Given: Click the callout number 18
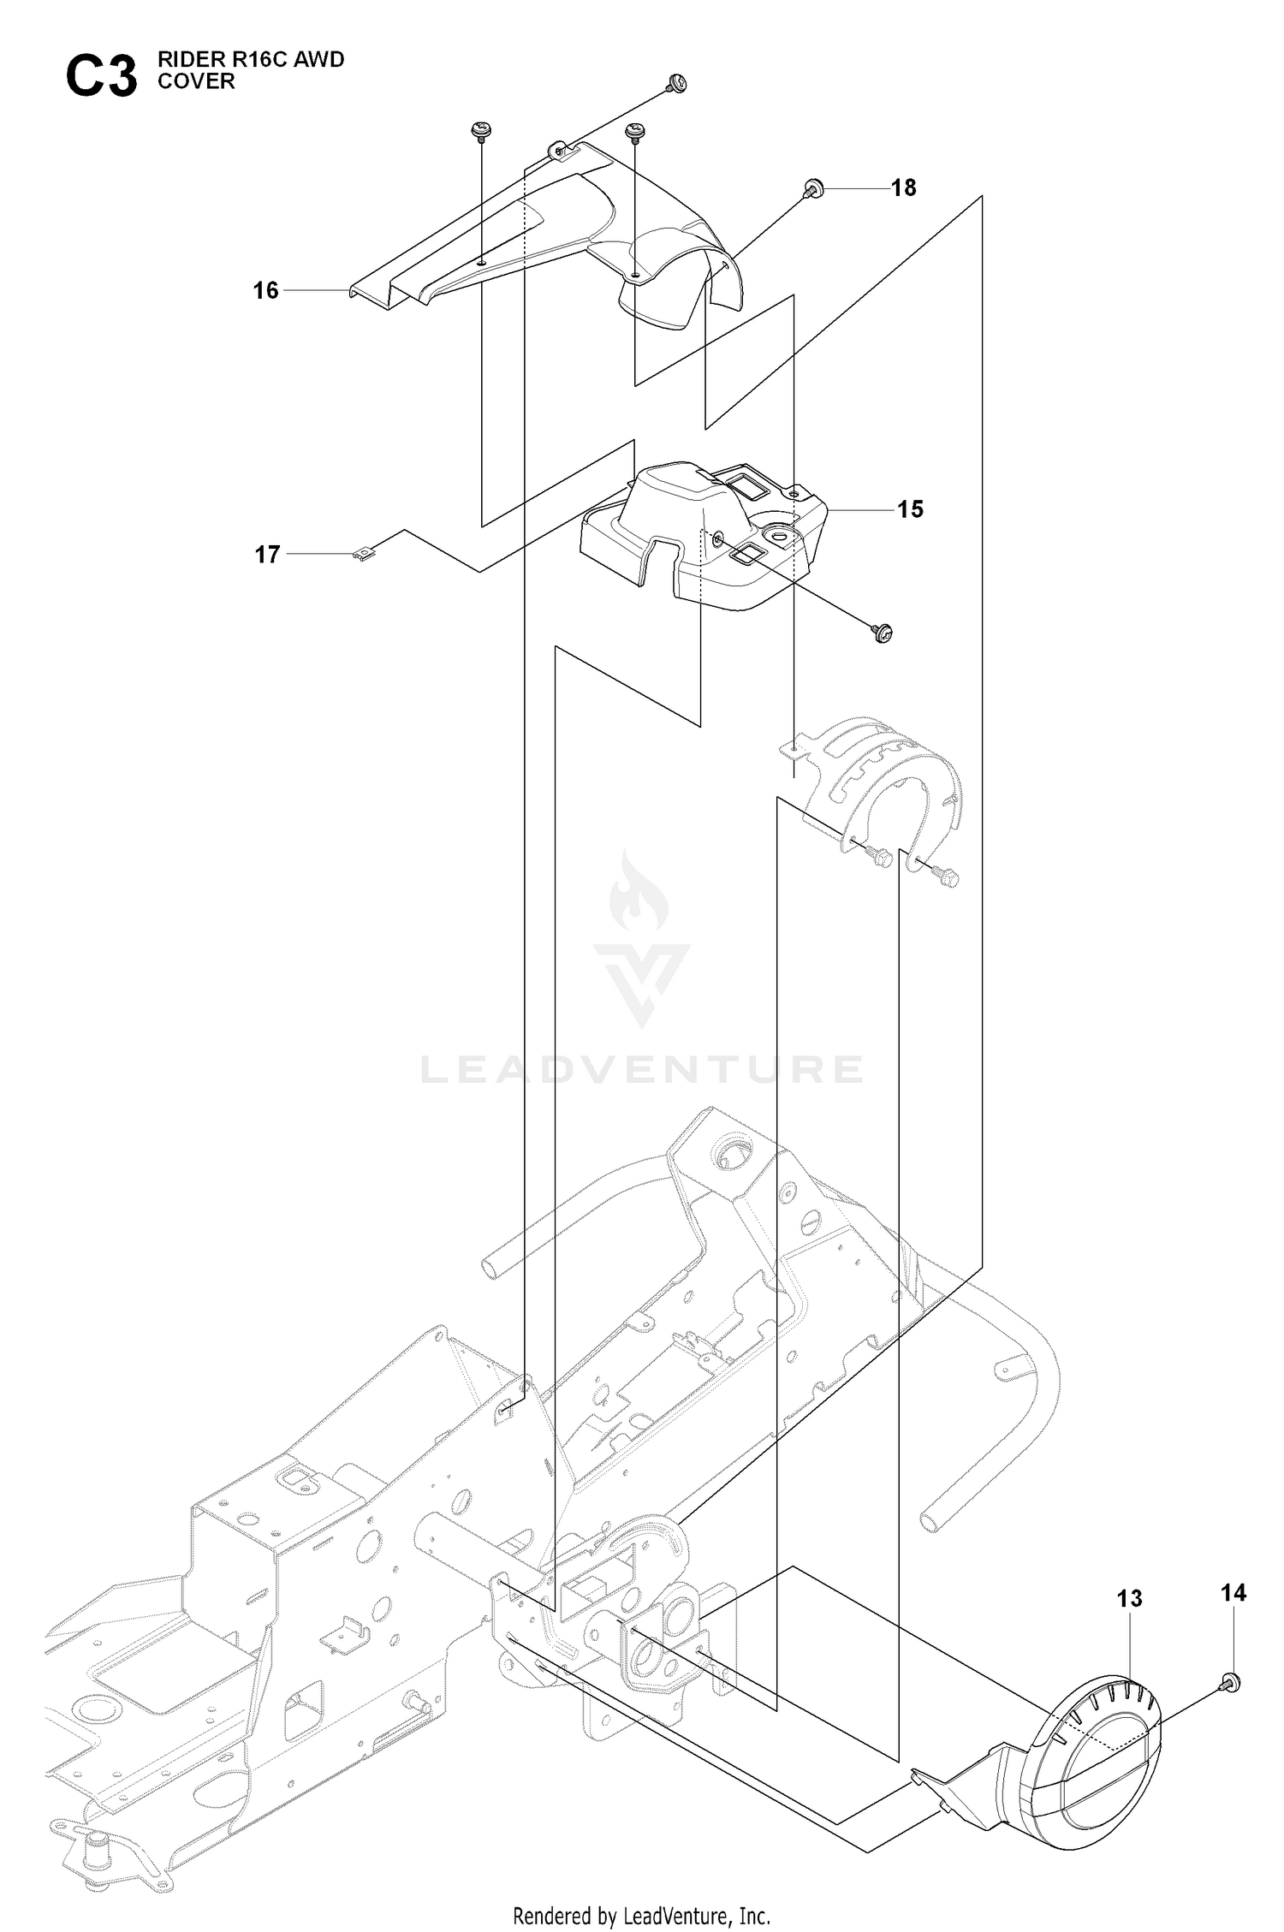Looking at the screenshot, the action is pos(903,187).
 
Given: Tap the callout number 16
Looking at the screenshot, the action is pos(266,290).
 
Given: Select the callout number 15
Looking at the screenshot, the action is pos(910,509).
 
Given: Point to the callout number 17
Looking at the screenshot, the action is pos(268,555).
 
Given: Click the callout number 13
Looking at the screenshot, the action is pos(1130,1598).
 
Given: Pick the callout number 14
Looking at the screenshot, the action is pos(1233,1592).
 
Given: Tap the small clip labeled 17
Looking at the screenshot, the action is pos(366,556).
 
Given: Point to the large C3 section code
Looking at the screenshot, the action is pos(101,78).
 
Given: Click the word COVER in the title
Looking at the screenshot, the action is pos(195,81).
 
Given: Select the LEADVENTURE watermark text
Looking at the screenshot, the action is pos(642,1069).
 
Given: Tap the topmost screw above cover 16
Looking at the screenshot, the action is pos(676,83).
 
